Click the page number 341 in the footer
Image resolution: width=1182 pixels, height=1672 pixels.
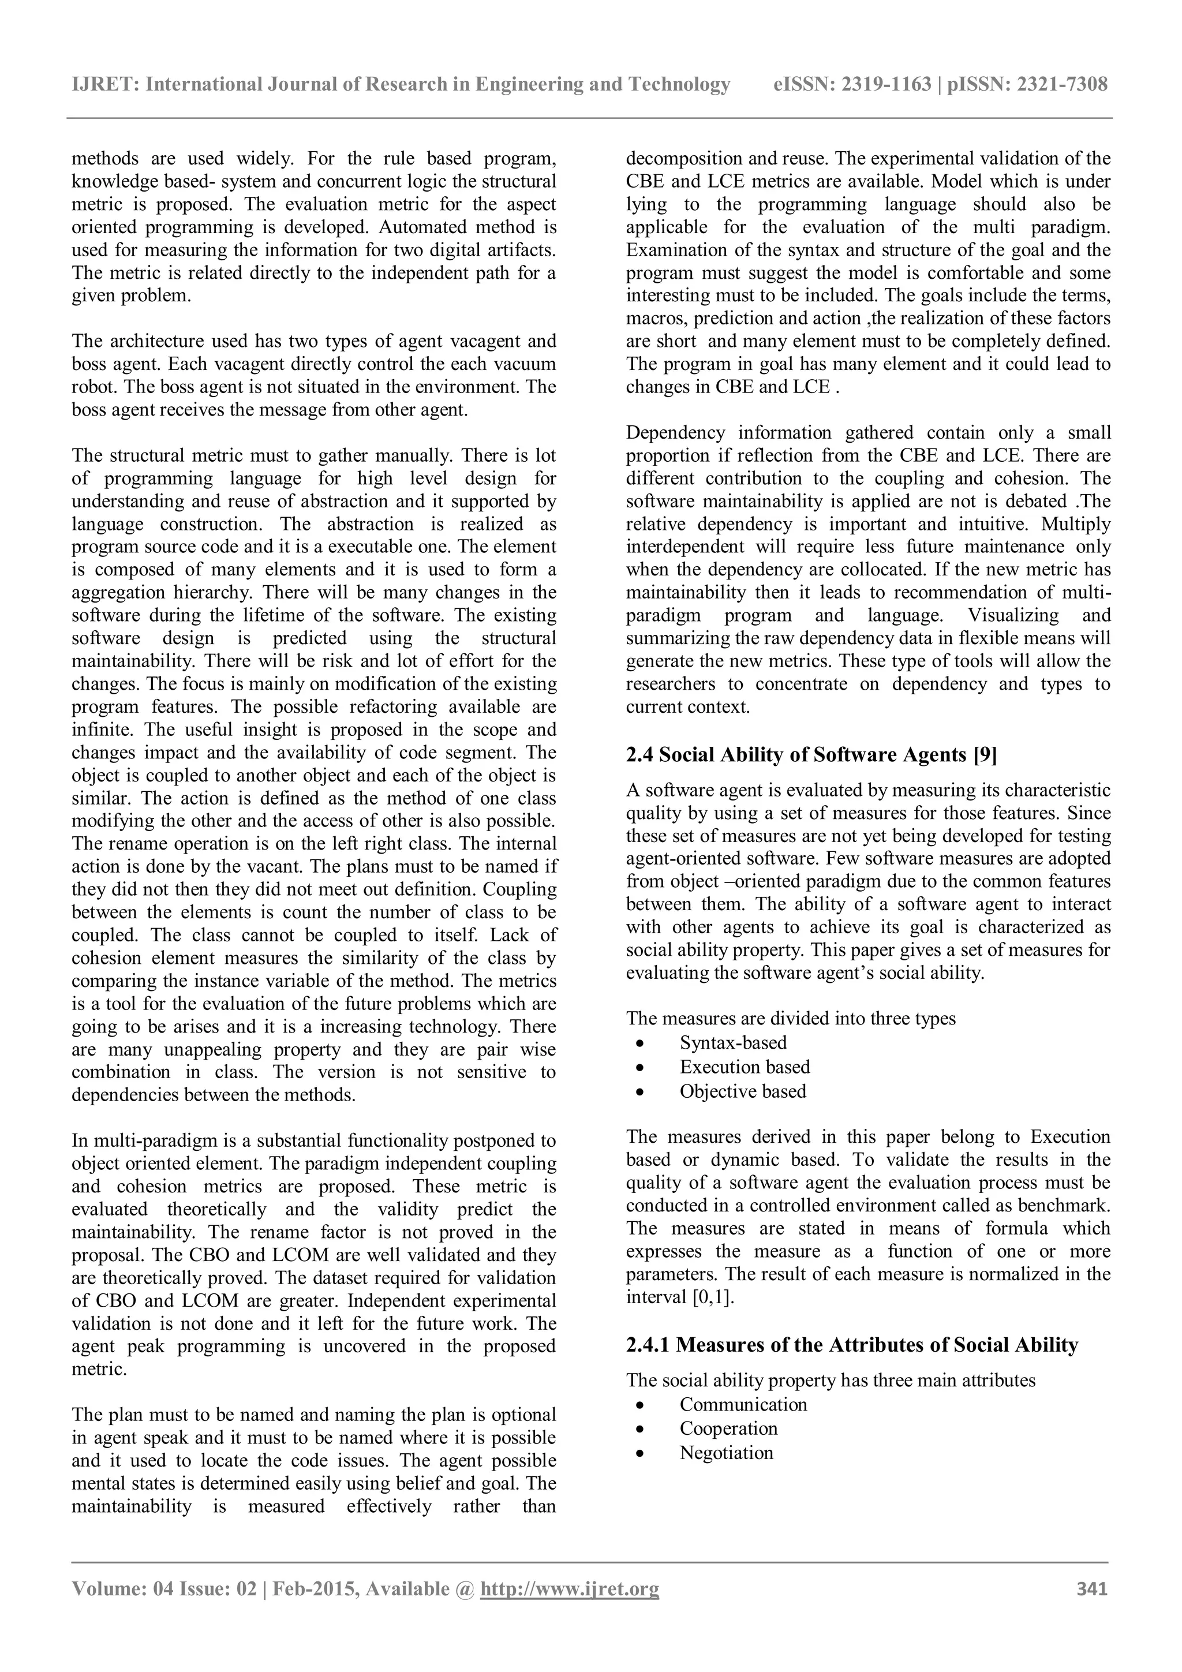click(x=1092, y=1609)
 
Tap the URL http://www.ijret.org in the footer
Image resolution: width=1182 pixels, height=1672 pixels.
click(x=570, y=1609)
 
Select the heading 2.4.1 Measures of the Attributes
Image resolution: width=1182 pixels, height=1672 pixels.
click(x=851, y=1344)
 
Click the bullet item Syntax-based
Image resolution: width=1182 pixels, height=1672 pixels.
click(x=732, y=1042)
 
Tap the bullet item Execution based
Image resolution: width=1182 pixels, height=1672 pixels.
click(x=745, y=1066)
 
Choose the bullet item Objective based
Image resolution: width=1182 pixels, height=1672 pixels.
click(x=743, y=1091)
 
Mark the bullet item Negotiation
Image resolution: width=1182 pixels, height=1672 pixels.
click(x=726, y=1452)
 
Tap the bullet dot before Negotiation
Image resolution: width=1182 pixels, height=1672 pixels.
click(x=639, y=1453)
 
